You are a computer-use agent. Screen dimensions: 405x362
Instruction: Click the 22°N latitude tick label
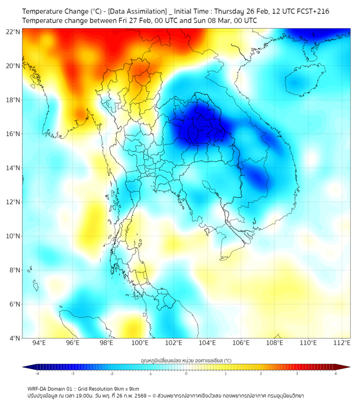[13, 32]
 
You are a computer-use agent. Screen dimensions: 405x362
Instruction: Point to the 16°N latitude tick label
[13, 134]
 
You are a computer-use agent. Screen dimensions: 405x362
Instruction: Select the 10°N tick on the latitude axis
[13, 236]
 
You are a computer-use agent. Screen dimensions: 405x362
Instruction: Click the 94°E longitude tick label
[39, 343]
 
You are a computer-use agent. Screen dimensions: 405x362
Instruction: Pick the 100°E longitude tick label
[140, 343]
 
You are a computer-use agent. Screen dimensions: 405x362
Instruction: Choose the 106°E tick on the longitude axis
[241, 343]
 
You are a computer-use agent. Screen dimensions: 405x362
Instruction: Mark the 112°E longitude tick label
[342, 343]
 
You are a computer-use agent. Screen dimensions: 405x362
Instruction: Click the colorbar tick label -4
[37, 373]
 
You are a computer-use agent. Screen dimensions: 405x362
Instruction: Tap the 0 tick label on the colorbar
[186, 373]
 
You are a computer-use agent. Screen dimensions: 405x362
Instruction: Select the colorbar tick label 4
[336, 373]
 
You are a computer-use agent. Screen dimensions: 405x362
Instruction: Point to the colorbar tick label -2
[111, 373]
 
